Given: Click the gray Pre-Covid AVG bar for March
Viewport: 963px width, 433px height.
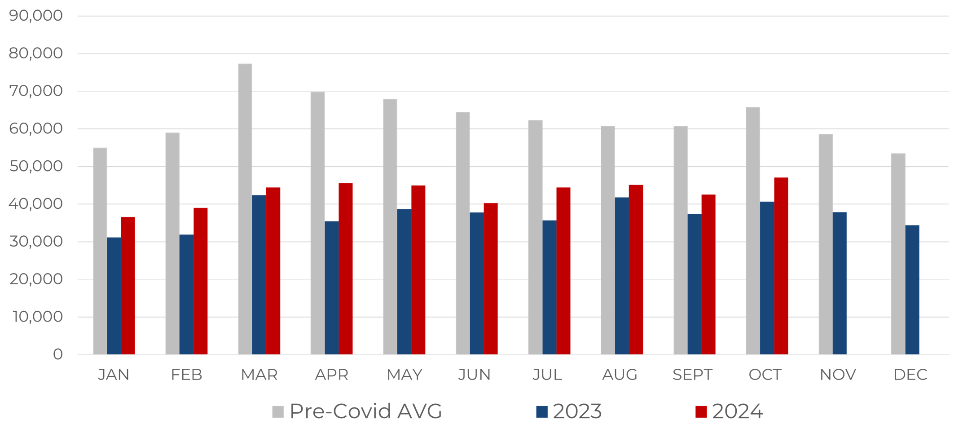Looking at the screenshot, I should point(245,209).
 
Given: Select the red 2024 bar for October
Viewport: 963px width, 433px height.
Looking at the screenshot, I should point(781,266).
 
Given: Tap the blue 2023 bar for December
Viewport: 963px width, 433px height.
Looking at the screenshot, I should point(912,290).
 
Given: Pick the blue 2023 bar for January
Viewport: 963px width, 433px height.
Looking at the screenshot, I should point(114,296).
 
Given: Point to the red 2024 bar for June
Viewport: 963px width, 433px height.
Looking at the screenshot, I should point(491,278).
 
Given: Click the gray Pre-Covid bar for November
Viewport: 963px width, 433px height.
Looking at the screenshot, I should point(826,244).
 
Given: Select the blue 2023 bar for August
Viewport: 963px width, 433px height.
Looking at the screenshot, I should point(622,276).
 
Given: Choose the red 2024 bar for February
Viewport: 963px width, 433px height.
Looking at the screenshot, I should point(201,281).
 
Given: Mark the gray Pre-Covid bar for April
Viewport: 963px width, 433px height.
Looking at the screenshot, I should point(317,223).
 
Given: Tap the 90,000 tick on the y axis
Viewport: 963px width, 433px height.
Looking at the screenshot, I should point(36,16).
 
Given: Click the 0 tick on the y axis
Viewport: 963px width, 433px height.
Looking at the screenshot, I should point(57,354).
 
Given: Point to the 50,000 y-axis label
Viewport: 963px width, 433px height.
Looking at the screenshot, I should point(36,166).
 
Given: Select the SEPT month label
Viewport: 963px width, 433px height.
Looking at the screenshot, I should point(692,375).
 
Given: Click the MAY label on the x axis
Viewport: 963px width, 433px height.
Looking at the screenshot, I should point(405,375).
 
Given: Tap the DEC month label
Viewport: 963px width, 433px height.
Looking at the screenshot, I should point(910,375).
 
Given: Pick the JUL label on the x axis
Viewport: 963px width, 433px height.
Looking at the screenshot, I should point(547,375).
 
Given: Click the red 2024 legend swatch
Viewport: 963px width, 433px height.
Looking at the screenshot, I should point(701,411).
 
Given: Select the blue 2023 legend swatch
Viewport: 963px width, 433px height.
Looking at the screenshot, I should point(542,411).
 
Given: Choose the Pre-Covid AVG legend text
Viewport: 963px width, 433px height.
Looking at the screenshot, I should point(366,411).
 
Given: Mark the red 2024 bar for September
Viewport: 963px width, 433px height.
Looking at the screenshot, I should point(708,274).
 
